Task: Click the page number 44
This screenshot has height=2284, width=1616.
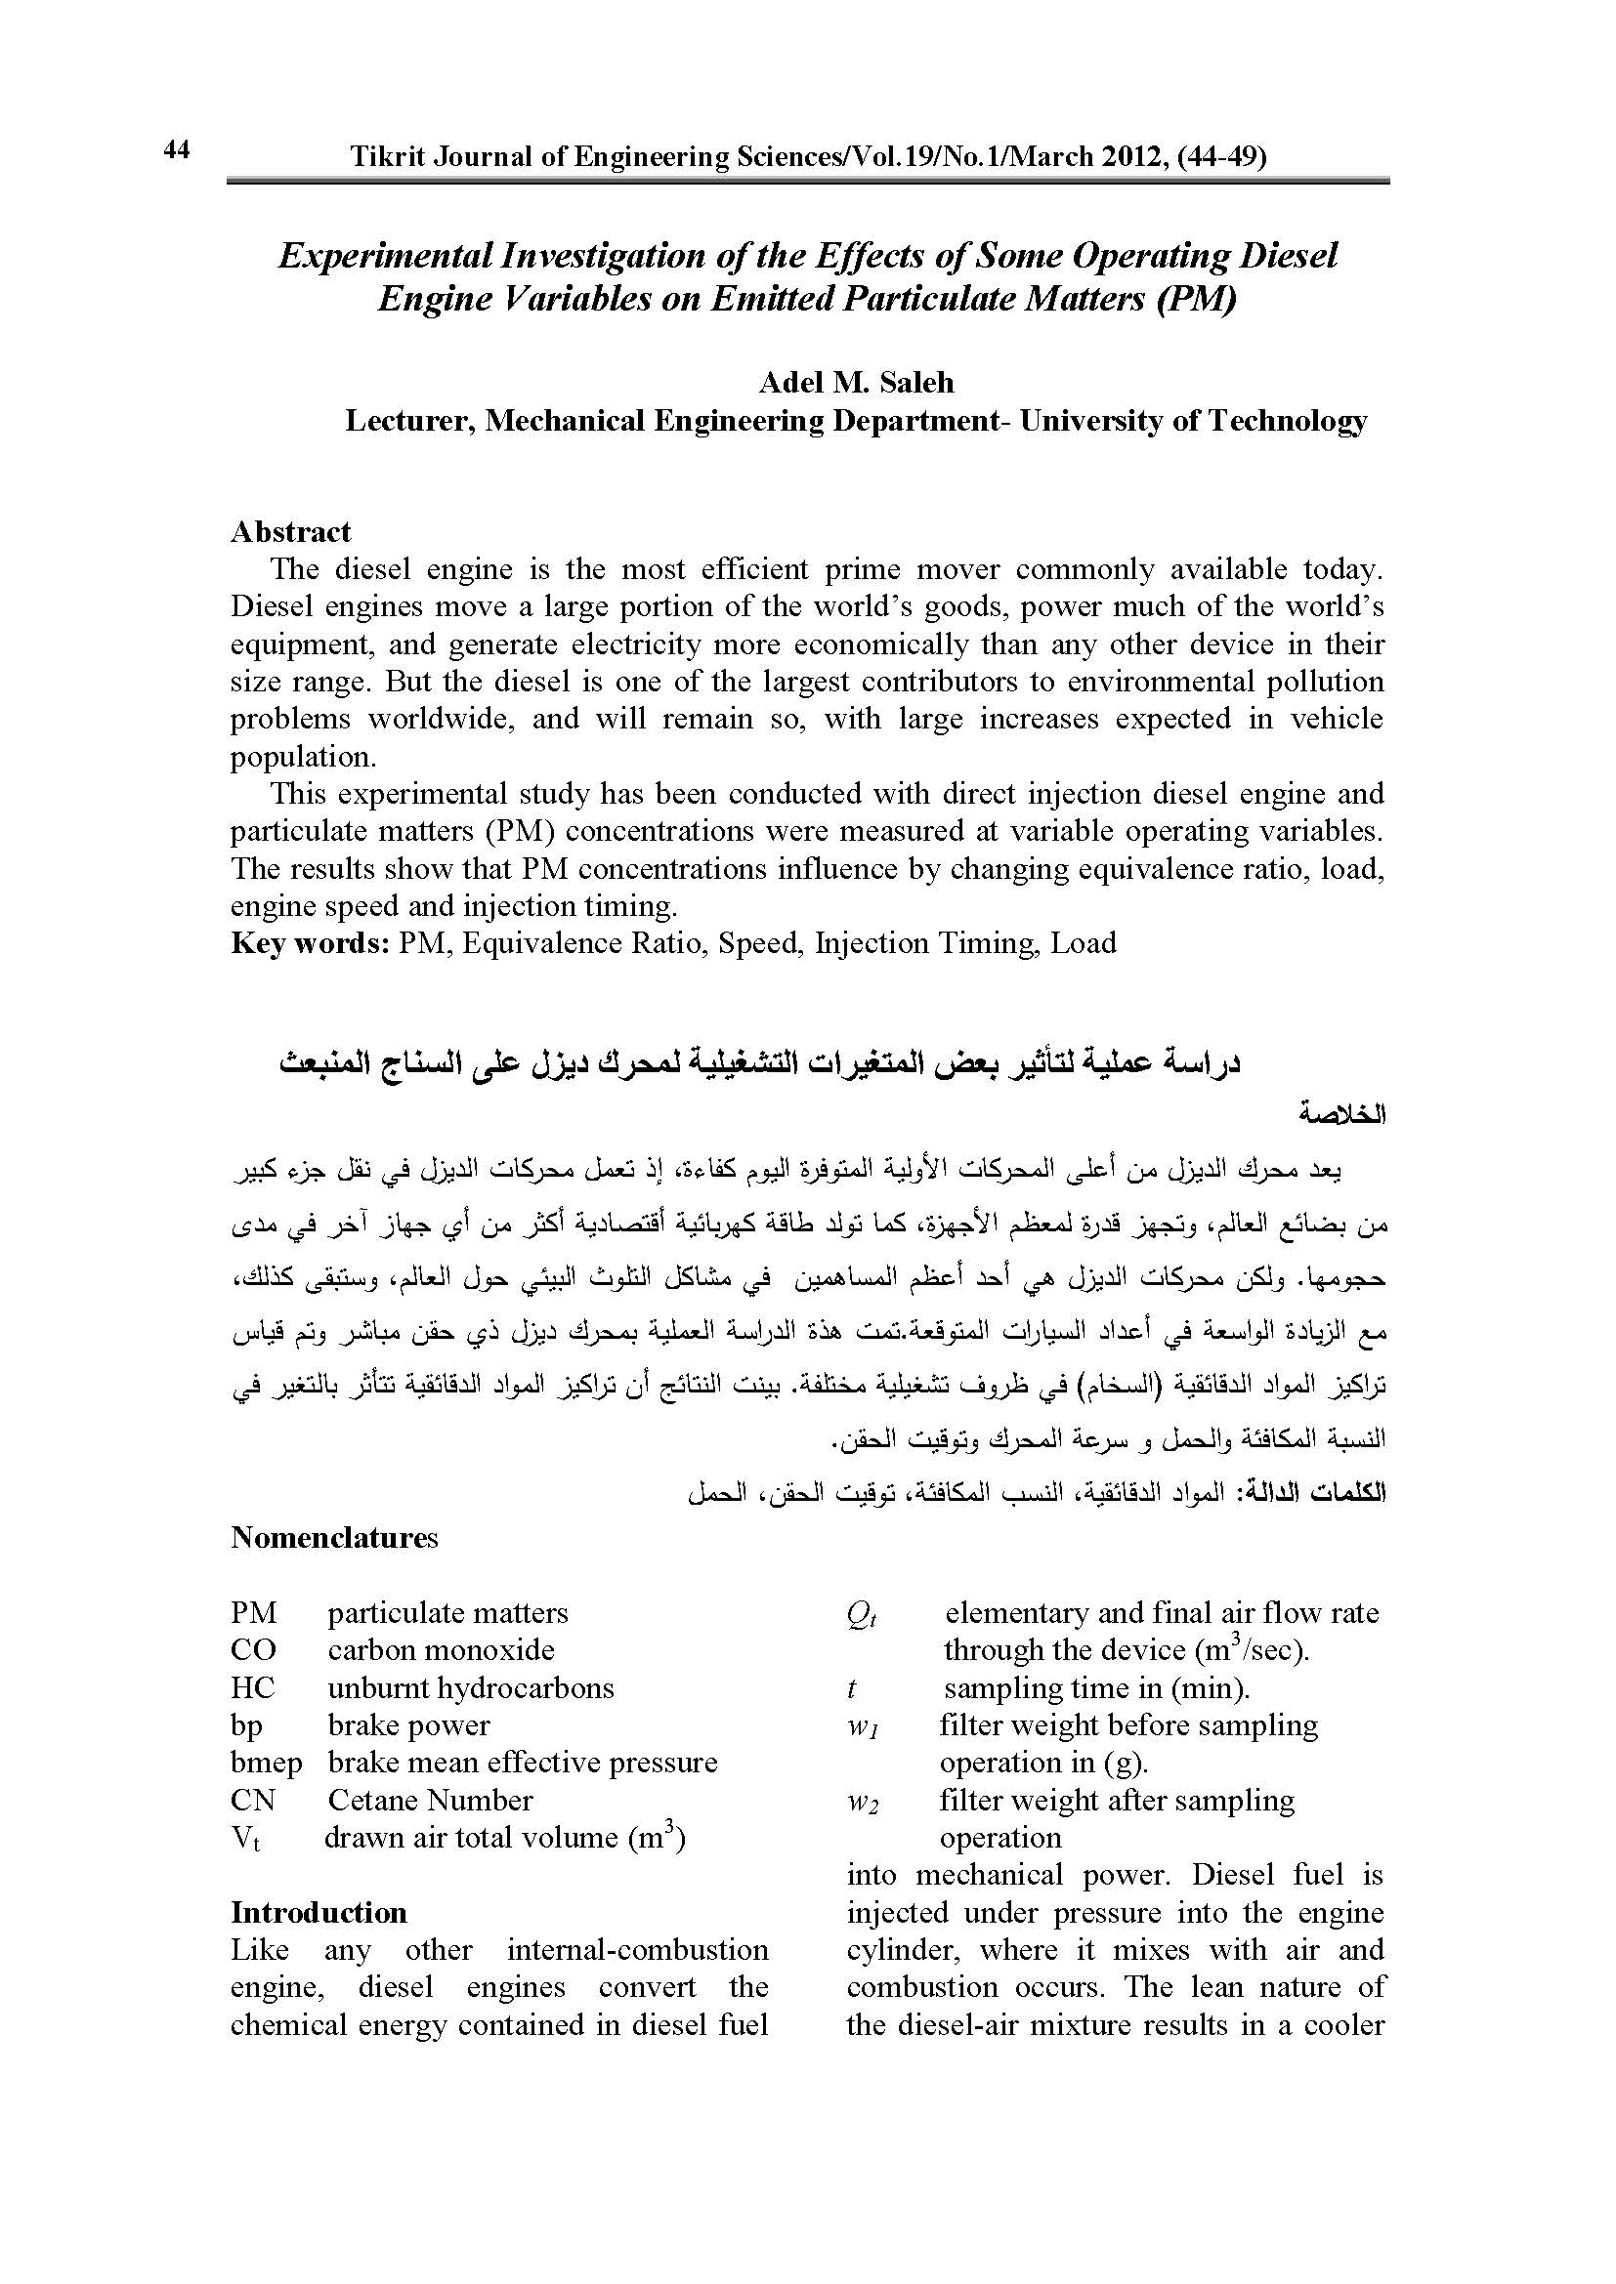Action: click(x=176, y=150)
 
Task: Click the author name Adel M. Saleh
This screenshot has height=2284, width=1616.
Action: click(x=856, y=382)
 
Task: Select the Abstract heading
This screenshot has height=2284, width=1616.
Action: click(x=290, y=532)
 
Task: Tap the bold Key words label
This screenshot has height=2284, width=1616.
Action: click(x=310, y=943)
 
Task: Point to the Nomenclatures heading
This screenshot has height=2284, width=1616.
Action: click(x=334, y=1538)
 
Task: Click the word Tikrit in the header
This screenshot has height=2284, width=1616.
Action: click(x=382, y=157)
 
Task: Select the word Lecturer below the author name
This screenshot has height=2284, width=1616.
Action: click(x=407, y=422)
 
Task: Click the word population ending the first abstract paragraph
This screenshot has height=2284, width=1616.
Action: click(x=303, y=757)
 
